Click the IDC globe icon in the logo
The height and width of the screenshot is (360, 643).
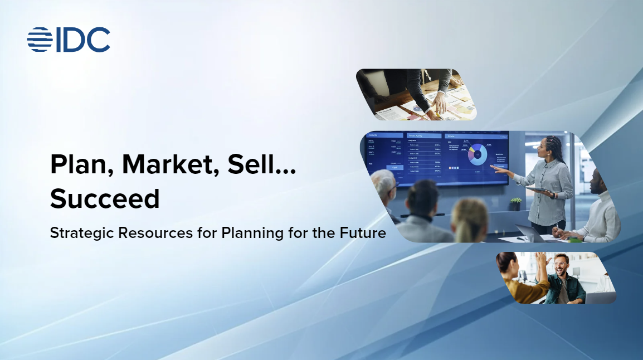coord(40,40)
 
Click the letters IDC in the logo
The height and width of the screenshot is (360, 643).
coord(82,40)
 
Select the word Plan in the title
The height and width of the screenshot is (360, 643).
coord(81,165)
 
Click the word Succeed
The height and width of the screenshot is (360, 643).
coord(105,198)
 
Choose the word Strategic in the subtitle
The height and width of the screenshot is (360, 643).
coord(82,233)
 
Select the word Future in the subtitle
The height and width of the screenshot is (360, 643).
coord(363,233)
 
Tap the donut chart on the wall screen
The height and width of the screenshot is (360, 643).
coord(478,154)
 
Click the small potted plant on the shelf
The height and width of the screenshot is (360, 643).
coord(516,202)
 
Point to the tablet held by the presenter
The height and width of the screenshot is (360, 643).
coord(539,191)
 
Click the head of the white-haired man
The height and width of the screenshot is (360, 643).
coord(383,184)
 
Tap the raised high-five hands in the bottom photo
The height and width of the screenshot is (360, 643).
coord(540,259)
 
